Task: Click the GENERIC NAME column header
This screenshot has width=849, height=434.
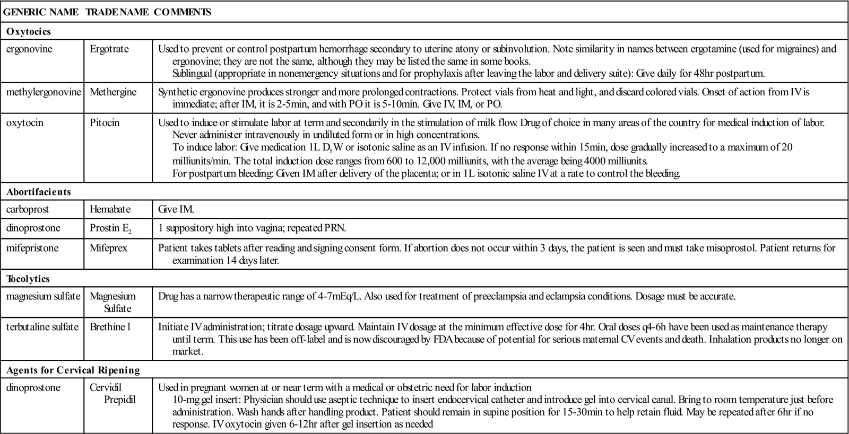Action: click(41, 12)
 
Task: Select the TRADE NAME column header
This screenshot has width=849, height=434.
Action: click(117, 12)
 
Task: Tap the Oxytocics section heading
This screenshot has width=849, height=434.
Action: click(29, 31)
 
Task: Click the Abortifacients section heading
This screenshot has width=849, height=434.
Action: click(38, 191)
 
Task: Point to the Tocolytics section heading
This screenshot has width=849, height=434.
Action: click(28, 278)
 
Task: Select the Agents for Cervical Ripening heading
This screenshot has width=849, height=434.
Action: click(73, 370)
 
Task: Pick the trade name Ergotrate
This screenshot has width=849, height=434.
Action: click(109, 49)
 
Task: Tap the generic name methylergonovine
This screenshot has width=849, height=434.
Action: click(44, 92)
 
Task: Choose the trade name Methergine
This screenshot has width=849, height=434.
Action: click(113, 92)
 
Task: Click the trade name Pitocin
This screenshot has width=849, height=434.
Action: click(105, 122)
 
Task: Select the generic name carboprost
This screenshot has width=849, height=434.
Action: click(28, 209)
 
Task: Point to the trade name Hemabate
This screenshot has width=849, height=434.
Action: click(110, 209)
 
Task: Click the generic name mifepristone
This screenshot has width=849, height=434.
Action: click(32, 247)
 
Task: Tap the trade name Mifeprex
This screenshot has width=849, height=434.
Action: click(108, 247)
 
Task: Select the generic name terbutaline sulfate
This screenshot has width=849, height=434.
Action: click(42, 326)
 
